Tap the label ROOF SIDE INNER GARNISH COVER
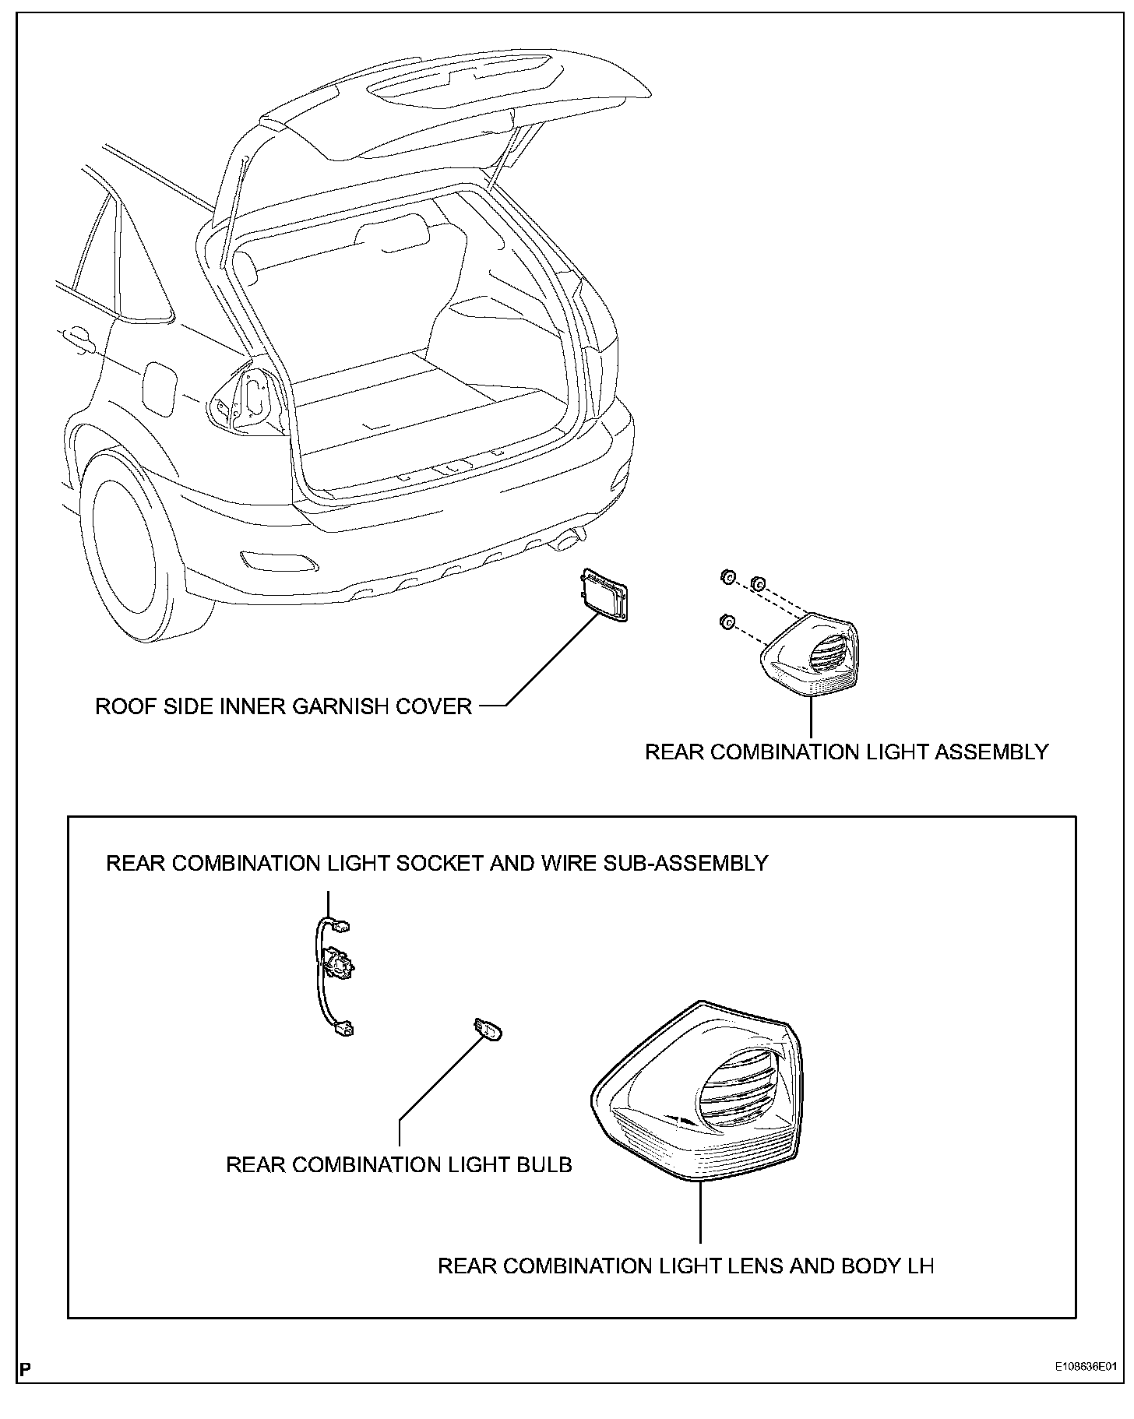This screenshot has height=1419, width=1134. pos(283,706)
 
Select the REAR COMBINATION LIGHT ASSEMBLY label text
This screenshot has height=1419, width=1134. pos(847,752)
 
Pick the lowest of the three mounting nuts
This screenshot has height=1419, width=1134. pos(726,621)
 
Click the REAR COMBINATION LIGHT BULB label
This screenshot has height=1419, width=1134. pos(399,1164)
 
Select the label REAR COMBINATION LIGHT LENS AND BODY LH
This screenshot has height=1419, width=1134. pos(685,1266)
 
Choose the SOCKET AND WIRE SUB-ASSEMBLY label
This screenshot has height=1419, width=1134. pos(437,863)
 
